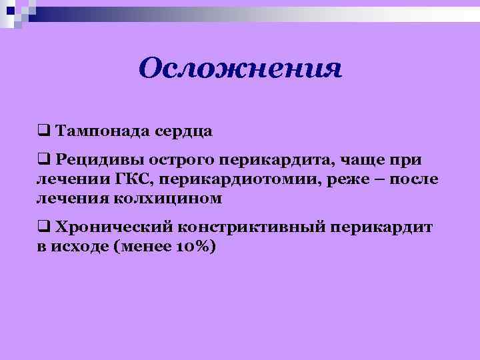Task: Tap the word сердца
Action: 183,131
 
